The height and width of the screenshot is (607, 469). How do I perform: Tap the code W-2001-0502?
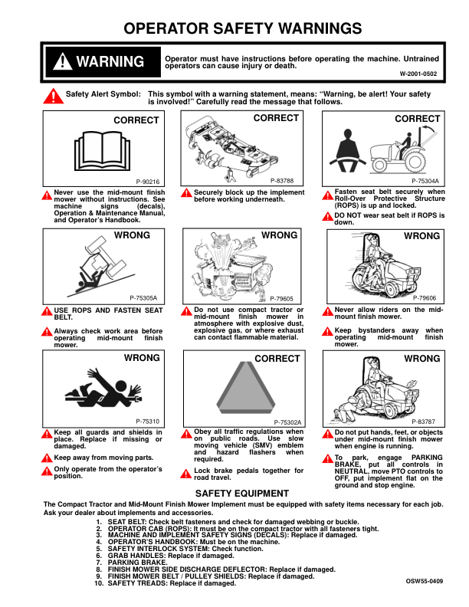(x=418, y=74)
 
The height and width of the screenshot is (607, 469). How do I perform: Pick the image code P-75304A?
(x=425, y=182)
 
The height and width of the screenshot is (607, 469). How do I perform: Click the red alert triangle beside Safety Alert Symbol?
(x=52, y=96)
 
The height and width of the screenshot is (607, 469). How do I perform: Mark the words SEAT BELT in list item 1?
(x=128, y=521)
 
